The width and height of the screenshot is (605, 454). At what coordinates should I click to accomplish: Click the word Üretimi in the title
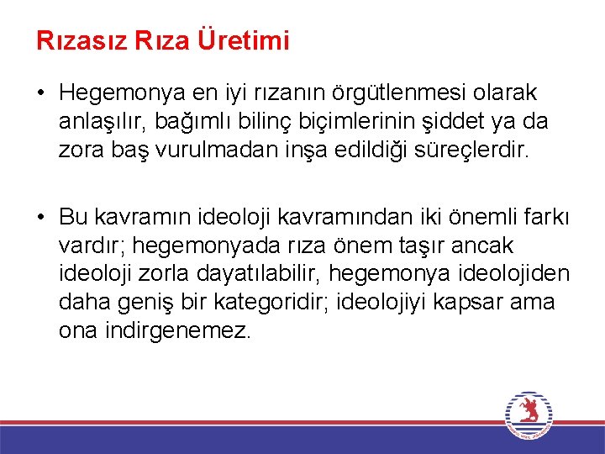coord(244,40)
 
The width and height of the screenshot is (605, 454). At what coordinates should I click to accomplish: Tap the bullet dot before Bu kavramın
coord(41,217)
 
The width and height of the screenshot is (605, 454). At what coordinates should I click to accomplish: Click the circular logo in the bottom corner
coord(528,414)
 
